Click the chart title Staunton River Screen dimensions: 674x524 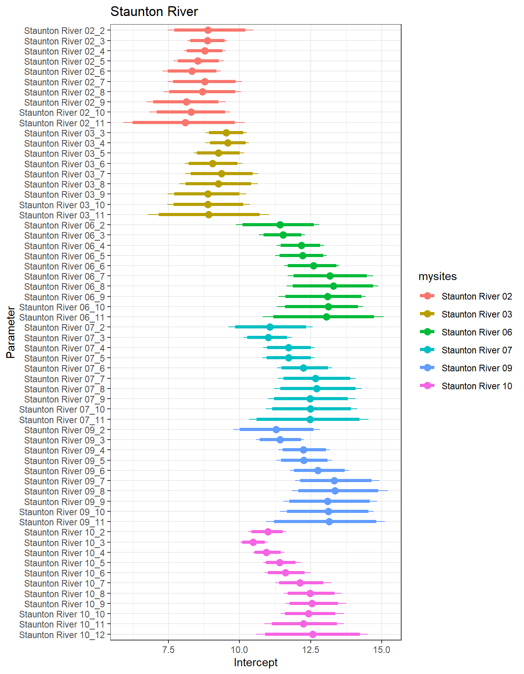pyautogui.click(x=154, y=12)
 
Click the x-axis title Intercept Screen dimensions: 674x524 pyautogui.click(x=255, y=662)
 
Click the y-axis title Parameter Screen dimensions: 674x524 pyautogui.click(x=11, y=332)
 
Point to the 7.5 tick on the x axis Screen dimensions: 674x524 pyautogui.click(x=168, y=649)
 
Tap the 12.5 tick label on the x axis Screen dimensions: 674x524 pyautogui.click(x=310, y=649)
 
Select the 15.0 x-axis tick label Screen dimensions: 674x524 pyautogui.click(x=382, y=649)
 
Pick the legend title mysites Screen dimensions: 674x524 pyautogui.click(x=437, y=277)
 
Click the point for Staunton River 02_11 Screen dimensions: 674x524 pyautogui.click(x=185, y=123)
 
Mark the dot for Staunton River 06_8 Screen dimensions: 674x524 pyautogui.click(x=333, y=286)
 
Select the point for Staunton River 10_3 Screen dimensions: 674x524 pyautogui.click(x=253, y=542)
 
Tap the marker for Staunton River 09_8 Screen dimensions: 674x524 pyautogui.click(x=335, y=491)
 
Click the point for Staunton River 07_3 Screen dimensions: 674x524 pyautogui.click(x=268, y=337)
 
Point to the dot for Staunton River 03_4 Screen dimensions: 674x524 pyautogui.click(x=228, y=143)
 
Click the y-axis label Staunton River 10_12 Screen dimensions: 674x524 pyautogui.click(x=62, y=635)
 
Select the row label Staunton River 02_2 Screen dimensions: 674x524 pyautogui.click(x=64, y=31)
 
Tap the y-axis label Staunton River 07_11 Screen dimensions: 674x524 pyautogui.click(x=62, y=420)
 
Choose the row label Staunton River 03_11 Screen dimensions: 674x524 pyautogui.click(x=62, y=215)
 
